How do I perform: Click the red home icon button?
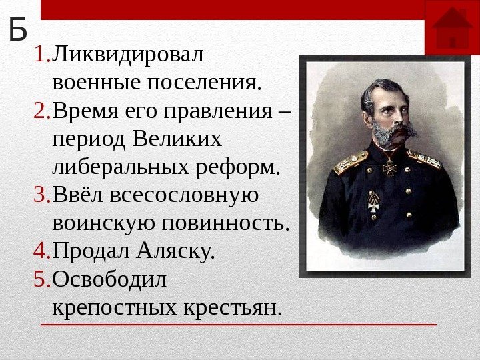(x=452, y=28)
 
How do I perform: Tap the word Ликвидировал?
(x=127, y=54)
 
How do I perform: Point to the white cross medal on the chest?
(x=373, y=203)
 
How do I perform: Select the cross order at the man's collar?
(x=390, y=167)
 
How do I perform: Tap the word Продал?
(x=91, y=251)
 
